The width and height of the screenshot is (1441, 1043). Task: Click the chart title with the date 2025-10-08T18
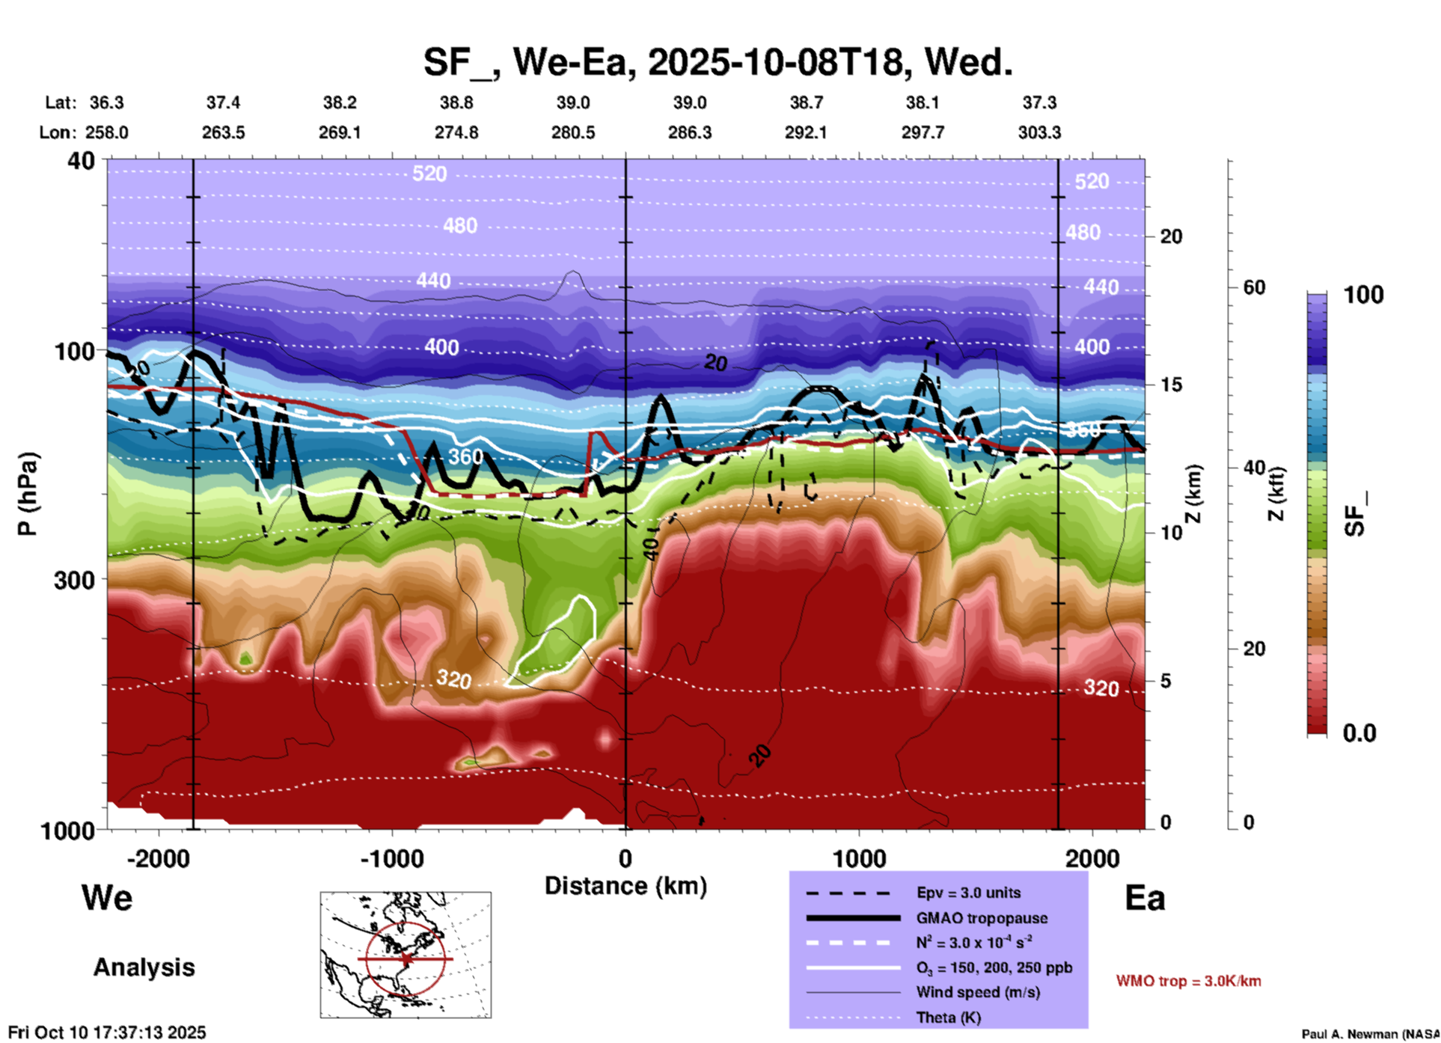coord(718,61)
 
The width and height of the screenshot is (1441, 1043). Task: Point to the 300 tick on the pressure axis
coord(75,580)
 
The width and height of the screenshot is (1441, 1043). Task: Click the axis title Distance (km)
coord(625,886)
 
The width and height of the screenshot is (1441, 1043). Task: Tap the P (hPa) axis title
coord(28,494)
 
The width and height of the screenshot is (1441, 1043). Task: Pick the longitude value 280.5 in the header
coord(573,132)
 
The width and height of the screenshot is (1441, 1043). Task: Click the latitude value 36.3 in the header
coord(106,103)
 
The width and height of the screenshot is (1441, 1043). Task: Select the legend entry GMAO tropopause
coord(982,918)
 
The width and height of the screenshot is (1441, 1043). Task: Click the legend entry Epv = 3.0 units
coord(968,893)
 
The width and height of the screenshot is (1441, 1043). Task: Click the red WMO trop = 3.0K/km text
coord(1188,981)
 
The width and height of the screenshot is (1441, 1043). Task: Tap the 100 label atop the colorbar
coord(1363,295)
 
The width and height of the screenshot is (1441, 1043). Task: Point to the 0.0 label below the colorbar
coord(1359,733)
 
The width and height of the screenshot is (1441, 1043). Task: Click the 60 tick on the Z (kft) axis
coord(1254,287)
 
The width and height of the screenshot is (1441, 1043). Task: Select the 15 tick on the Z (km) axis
coord(1171,385)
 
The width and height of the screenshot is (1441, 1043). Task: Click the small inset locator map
coord(406,955)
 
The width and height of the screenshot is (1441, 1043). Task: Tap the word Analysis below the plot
coord(144,967)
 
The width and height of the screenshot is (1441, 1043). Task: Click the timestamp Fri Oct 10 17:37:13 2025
coord(107,1033)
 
